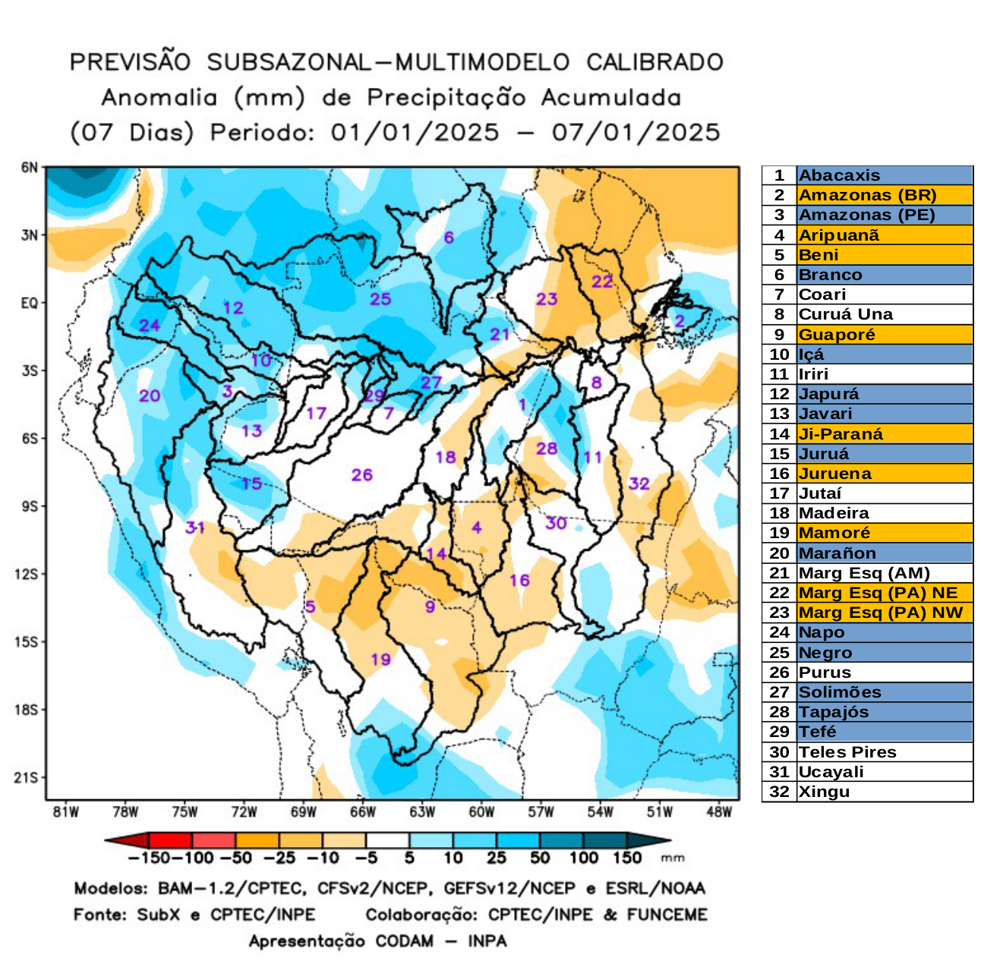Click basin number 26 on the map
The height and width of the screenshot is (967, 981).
(x=362, y=475)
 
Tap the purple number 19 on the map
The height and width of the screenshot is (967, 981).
(x=380, y=659)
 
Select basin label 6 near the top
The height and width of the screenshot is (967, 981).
(x=449, y=238)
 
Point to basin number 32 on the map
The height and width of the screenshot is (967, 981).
(x=639, y=483)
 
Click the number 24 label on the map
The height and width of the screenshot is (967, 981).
(x=150, y=326)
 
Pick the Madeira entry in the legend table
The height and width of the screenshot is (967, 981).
(x=833, y=513)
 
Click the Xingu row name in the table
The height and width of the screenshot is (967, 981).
(x=824, y=792)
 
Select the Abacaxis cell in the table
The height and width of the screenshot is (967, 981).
(x=839, y=175)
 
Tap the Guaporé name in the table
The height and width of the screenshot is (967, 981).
(x=836, y=335)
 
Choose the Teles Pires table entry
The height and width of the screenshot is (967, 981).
(x=847, y=752)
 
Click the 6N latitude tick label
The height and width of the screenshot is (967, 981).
(x=29, y=168)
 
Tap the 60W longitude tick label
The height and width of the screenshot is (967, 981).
(x=481, y=812)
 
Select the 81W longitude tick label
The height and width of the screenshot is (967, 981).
(x=66, y=812)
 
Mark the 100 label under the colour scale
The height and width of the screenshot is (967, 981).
(x=583, y=858)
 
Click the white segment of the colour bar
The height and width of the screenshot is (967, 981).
(x=387, y=840)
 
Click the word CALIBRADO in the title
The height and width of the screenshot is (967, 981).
(x=655, y=62)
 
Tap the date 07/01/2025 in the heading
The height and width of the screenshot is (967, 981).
(x=636, y=133)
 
